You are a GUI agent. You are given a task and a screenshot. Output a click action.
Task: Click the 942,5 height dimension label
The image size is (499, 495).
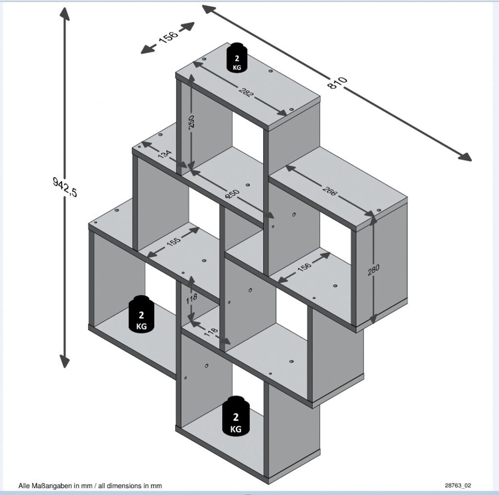point(65,187)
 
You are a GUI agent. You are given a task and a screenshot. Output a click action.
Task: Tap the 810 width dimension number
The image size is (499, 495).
point(337,83)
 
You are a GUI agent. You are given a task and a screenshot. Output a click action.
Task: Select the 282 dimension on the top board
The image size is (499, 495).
point(246,91)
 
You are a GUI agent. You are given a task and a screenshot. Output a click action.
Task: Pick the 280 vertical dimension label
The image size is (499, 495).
point(374,269)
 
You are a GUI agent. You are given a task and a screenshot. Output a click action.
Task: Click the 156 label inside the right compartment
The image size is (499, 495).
point(304,268)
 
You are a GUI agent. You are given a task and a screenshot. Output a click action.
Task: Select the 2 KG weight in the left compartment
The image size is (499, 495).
point(141,315)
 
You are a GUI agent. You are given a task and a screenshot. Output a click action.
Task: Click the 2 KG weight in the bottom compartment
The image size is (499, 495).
point(236,417)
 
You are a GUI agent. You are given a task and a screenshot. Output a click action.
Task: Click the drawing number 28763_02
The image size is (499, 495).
point(458,485)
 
